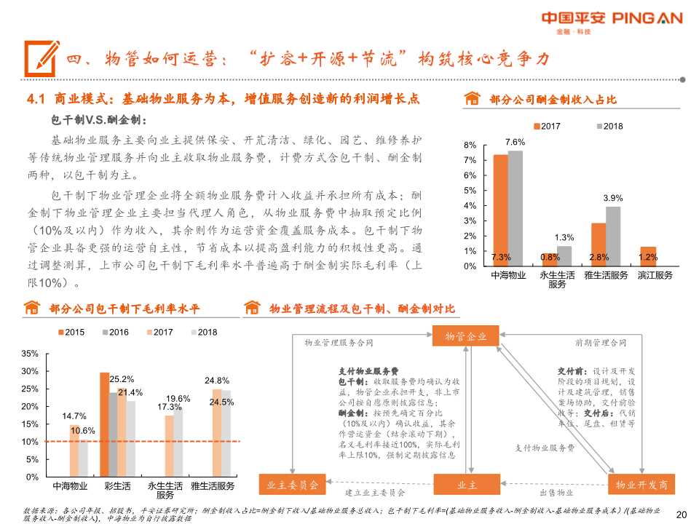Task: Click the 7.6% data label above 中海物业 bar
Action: (x=515, y=142)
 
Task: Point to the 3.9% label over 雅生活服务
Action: (x=613, y=198)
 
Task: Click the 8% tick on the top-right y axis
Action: (x=470, y=145)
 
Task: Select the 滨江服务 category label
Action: (x=655, y=276)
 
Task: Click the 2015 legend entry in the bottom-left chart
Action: (x=70, y=333)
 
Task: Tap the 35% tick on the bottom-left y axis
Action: (x=30, y=354)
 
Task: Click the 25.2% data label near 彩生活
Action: (x=122, y=379)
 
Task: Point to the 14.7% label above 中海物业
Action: (x=74, y=416)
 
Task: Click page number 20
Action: (x=682, y=514)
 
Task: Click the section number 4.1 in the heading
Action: (x=36, y=99)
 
